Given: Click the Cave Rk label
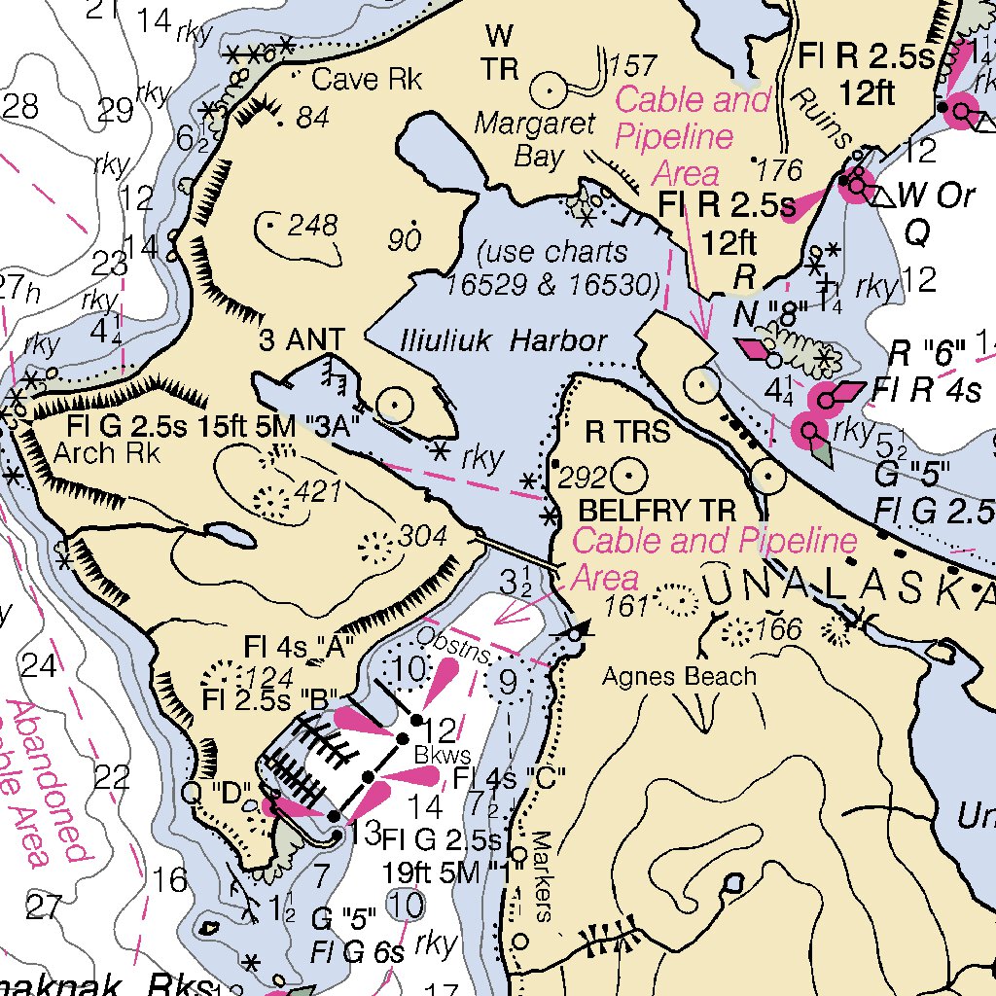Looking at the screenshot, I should pyautogui.click(x=367, y=80).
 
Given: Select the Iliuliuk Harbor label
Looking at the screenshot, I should pyautogui.click(x=504, y=341).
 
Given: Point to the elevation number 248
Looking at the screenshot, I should pyautogui.click(x=312, y=227).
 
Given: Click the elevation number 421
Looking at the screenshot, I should pyautogui.click(x=318, y=492).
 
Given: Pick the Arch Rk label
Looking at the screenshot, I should pyautogui.click(x=100, y=452).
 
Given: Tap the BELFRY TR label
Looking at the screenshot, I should pyautogui.click(x=657, y=511).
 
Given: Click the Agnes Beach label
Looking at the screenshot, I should pyautogui.click(x=679, y=675).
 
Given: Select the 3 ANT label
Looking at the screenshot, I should pyautogui.click(x=302, y=340).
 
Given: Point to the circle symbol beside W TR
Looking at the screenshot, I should pyautogui.click(x=550, y=90).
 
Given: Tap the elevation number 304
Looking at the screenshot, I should pyautogui.click(x=422, y=537).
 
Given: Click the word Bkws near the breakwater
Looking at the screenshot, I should pyautogui.click(x=443, y=755).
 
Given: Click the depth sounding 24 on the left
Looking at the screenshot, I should pyautogui.click(x=40, y=666).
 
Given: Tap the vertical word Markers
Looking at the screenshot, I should pyautogui.click(x=542, y=874).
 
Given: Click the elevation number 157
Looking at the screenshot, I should pyautogui.click(x=632, y=66).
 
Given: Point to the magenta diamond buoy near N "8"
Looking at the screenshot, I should pyautogui.click(x=753, y=347).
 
